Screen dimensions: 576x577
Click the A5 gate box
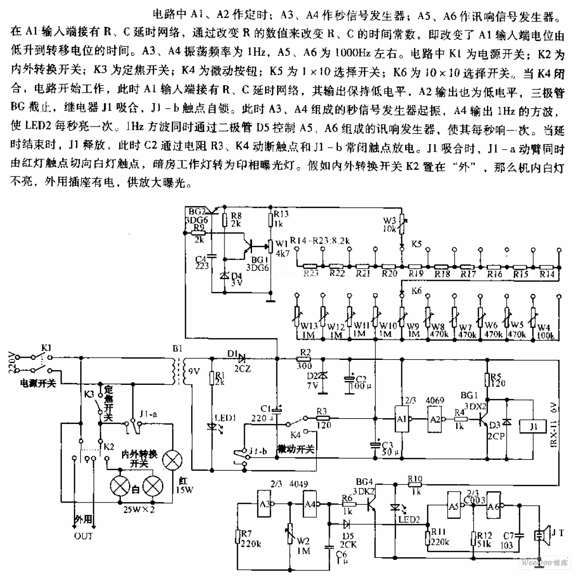tap(455, 504)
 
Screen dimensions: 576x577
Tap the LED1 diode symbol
tap(212, 425)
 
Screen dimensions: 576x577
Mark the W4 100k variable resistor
tap(533, 316)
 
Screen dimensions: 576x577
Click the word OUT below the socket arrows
tap(83, 536)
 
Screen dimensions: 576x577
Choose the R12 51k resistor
tap(473, 540)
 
